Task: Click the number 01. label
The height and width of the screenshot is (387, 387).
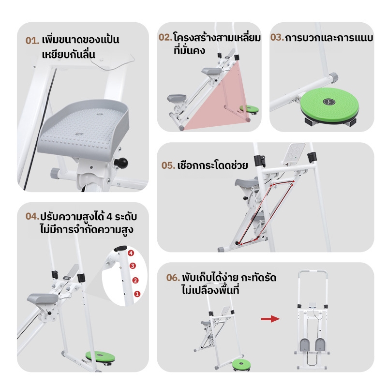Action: (32, 41)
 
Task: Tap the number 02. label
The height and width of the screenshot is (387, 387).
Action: (165, 38)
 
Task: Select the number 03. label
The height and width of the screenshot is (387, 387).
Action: (277, 38)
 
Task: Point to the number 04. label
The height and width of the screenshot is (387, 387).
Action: (32, 216)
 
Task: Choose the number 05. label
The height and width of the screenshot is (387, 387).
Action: (168, 165)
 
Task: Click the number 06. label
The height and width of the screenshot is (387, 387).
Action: (173, 278)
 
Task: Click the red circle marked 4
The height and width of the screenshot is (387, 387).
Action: (131, 253)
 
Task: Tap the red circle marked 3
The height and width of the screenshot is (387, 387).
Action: (133, 266)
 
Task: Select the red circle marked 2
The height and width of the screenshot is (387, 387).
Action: (135, 281)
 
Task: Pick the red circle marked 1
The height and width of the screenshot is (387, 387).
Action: (137, 294)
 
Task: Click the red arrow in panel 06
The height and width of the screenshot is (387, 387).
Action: (270, 319)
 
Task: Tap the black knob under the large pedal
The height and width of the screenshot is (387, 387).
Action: (121, 163)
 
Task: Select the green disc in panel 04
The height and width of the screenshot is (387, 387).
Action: (100, 357)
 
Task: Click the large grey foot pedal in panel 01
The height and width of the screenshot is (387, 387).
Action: (84, 127)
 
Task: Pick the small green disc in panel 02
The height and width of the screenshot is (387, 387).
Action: (249, 108)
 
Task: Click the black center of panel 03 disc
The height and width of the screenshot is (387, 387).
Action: (329, 101)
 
